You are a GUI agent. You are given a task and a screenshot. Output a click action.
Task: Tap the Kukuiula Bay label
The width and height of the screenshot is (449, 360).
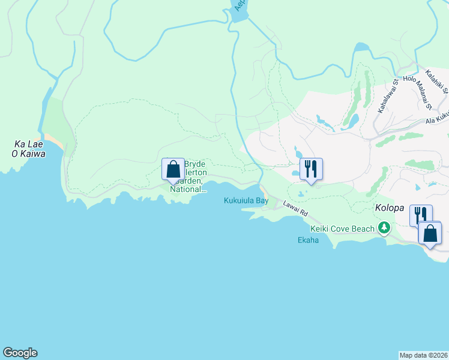click(x=246, y=201)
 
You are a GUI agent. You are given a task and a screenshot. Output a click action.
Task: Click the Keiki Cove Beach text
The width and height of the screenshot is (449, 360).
click(x=343, y=229)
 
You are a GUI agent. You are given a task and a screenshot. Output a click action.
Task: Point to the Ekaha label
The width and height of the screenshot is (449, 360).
click(x=308, y=241)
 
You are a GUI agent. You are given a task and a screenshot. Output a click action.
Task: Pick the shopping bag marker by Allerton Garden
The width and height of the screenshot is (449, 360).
click(x=173, y=169)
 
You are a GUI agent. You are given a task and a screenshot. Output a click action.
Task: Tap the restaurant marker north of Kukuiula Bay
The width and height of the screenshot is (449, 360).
click(x=310, y=169)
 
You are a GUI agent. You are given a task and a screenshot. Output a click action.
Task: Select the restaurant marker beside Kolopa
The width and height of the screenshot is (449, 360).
click(x=420, y=215)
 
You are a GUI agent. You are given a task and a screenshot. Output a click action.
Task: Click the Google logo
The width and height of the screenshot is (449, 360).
click(x=20, y=353)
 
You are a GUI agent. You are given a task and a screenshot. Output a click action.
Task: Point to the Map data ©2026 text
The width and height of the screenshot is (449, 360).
click(x=423, y=355)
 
